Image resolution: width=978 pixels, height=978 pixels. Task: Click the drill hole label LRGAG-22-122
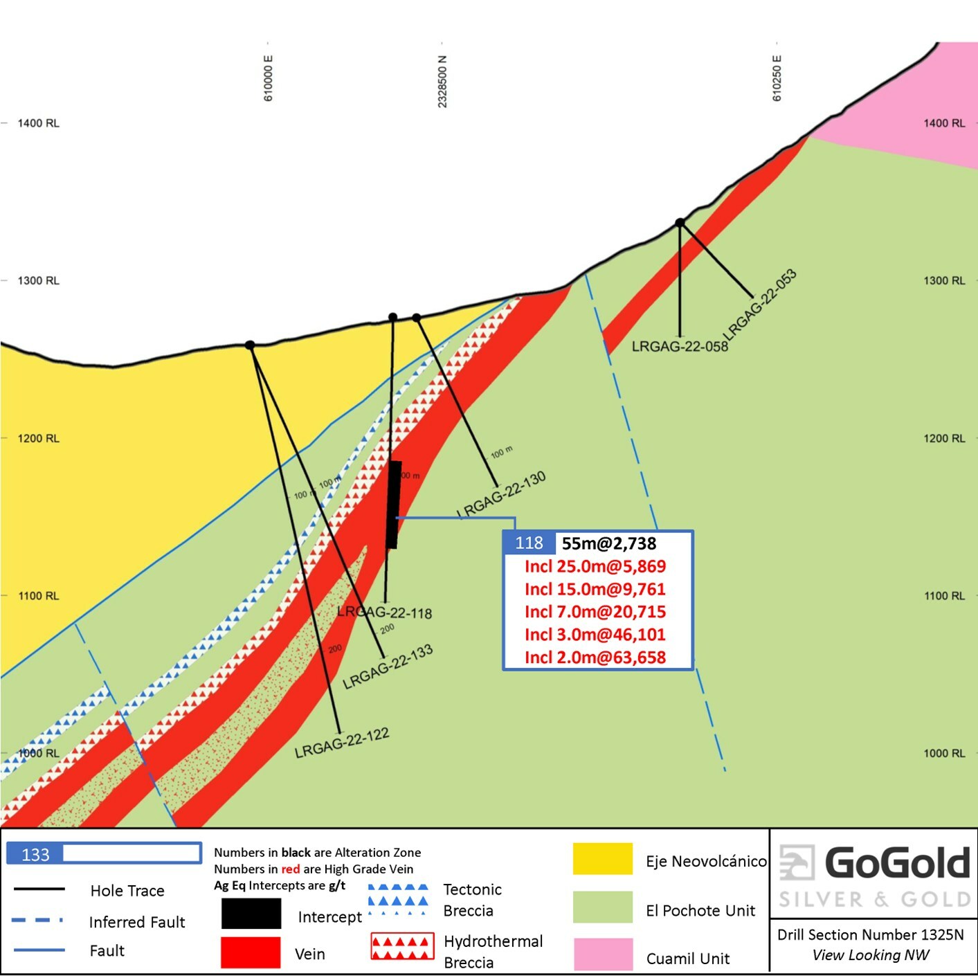(342, 743)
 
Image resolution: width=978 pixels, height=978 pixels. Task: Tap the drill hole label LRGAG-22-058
(680, 346)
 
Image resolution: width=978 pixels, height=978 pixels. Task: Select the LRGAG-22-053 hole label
(760, 305)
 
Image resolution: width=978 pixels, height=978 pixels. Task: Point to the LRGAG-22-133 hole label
(388, 667)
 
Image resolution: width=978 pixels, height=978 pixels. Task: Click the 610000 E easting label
(269, 78)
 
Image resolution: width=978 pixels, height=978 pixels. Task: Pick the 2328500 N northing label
(442, 82)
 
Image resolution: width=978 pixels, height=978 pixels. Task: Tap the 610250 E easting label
(777, 78)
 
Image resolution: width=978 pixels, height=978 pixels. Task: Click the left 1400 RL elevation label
(38, 123)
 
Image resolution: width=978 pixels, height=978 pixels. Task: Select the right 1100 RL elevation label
(944, 596)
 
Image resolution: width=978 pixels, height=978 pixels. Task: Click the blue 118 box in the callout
(529, 543)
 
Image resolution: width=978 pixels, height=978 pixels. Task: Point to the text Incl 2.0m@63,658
(595, 658)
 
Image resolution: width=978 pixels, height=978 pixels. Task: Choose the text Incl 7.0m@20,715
(595, 612)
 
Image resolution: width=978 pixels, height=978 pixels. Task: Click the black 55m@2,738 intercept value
(609, 543)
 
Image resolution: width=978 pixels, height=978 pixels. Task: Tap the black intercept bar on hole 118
(394, 505)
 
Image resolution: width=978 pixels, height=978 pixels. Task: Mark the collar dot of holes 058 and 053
(680, 222)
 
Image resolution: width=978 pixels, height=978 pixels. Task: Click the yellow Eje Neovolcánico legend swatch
(602, 859)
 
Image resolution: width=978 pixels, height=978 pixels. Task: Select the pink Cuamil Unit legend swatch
(602, 954)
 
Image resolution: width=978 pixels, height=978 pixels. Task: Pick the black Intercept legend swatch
(251, 914)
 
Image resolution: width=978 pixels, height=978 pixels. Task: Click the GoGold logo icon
(797, 862)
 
